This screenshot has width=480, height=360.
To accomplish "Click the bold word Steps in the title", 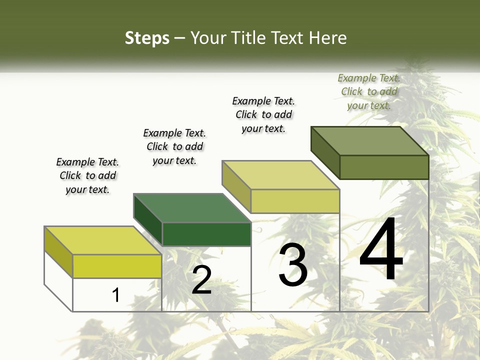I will [147, 38].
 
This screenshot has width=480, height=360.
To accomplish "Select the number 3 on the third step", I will [293, 265].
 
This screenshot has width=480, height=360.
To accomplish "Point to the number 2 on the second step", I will [201, 280].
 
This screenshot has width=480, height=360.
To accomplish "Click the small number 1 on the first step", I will [116, 295].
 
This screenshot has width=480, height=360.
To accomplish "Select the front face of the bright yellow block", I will [117, 266].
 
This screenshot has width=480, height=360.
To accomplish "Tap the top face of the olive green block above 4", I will [369, 140].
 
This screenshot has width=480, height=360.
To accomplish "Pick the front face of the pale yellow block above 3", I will [295, 201].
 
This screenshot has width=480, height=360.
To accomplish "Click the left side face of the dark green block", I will [148, 220].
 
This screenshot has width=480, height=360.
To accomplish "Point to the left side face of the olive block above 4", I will [325, 152].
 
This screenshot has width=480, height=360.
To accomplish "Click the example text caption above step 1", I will [87, 175].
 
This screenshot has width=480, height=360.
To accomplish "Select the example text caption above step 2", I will [174, 146].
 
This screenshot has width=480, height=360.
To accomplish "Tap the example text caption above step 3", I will [263, 114].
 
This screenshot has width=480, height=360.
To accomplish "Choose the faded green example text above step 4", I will [369, 91].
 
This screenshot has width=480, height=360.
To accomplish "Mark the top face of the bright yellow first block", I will [102, 240].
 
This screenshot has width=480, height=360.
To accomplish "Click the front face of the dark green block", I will [206, 234].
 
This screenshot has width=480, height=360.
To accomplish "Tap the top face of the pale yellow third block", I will [280, 175].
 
